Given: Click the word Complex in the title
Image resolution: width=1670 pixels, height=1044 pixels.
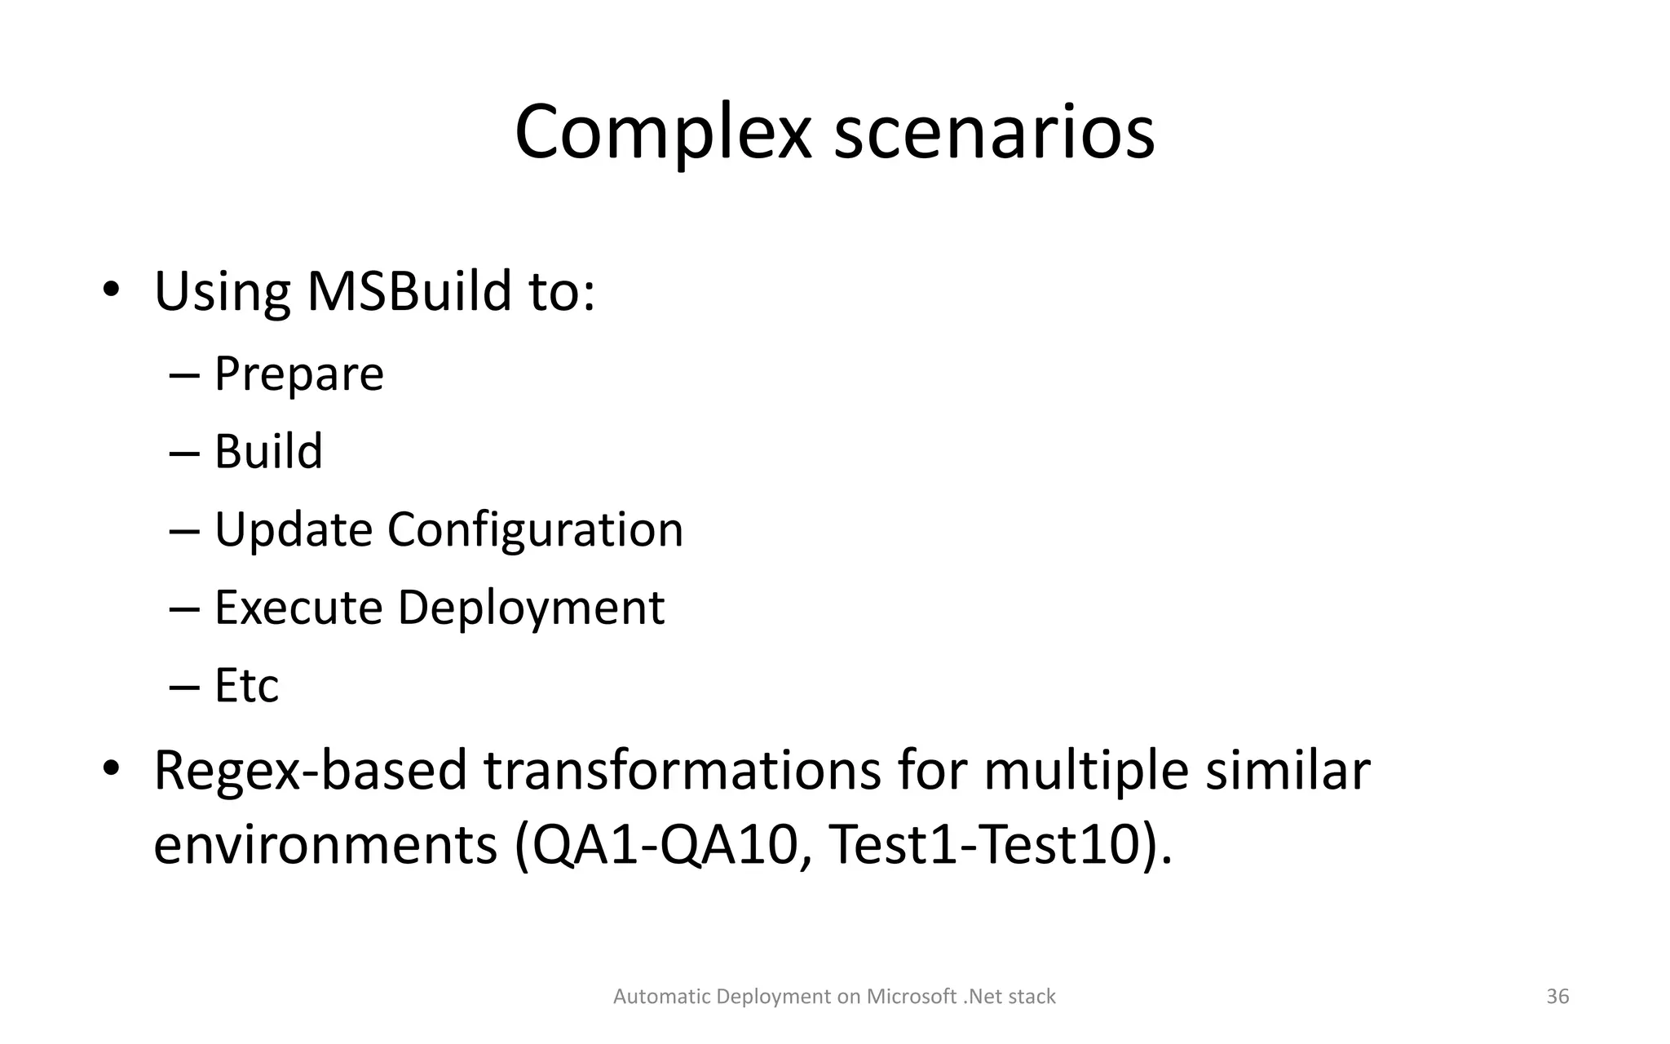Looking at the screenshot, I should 663,132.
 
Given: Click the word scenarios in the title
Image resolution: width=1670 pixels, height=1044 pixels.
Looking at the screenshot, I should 993,132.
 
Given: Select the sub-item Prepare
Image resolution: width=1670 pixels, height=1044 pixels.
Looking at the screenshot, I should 298,374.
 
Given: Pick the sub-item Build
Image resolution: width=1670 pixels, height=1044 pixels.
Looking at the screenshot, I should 268,451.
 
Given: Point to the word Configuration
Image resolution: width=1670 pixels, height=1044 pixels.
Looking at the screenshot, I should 535,529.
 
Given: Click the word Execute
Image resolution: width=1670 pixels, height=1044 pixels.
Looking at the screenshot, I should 298,608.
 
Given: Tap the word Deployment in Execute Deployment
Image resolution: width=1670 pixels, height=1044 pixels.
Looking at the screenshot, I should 531,608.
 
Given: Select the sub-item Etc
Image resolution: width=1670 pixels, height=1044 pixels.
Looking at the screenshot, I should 246,685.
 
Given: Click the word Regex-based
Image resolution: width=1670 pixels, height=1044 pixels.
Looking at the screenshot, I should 310,771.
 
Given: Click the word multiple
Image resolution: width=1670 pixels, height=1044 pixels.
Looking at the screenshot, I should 1085,771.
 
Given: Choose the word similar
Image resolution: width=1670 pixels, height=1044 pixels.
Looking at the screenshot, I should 1288,771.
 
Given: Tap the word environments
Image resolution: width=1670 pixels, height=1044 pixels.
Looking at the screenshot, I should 325,846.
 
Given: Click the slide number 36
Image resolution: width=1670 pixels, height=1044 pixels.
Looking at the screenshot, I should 1557,997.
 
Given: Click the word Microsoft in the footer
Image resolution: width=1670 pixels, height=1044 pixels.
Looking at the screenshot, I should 911,997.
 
